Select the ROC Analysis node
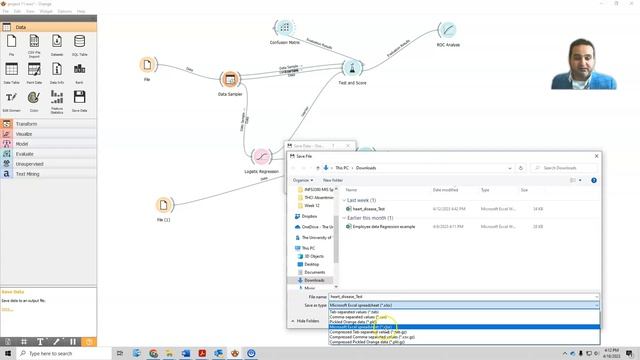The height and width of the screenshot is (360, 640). point(447,32)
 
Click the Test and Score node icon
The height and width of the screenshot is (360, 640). point(351,68)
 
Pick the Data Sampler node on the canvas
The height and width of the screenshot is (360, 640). point(229,80)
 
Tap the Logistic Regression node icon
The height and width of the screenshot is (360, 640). point(260,157)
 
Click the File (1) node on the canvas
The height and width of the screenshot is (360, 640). point(163,206)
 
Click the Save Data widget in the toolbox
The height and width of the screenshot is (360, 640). point(80,99)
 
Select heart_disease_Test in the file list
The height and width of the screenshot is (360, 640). point(369,209)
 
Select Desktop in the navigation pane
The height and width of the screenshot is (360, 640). point(314,264)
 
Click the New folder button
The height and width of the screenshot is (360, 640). point(331,180)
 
